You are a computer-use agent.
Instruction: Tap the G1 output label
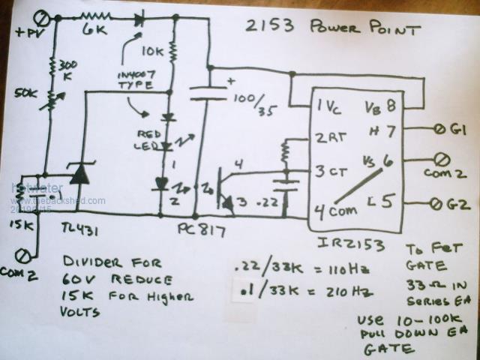coord(458,128)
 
